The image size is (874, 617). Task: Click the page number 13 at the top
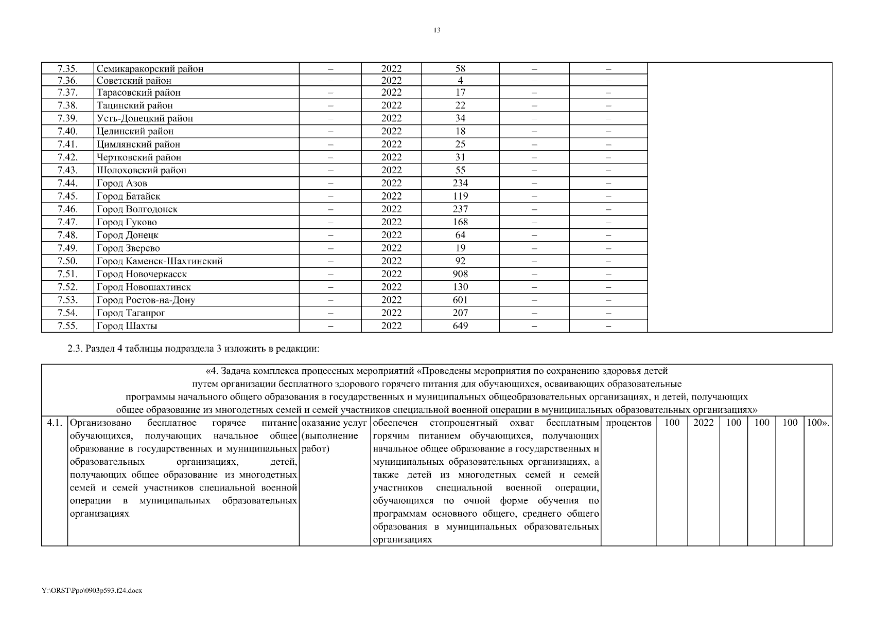point(436,30)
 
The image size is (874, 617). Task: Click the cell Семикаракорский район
point(150,68)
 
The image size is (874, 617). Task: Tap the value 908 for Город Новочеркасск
point(460,274)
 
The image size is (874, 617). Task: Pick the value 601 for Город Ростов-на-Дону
point(460,300)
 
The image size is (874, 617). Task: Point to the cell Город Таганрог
point(131,313)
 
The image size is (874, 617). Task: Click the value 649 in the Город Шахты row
point(460,326)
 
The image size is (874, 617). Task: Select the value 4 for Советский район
point(460,80)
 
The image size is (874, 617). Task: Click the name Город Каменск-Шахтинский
point(160,261)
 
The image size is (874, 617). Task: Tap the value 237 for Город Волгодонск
point(460,209)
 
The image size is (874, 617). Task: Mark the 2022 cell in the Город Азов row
point(391,183)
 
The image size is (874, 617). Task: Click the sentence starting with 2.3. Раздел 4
point(194,349)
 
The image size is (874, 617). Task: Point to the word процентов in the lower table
point(628,423)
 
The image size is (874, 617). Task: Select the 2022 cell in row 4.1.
point(703,423)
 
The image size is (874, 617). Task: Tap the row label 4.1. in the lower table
point(54,423)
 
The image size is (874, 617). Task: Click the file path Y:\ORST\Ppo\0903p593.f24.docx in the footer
point(92,591)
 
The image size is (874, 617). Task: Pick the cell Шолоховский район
point(142,170)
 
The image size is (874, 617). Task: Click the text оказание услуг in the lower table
point(335,423)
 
